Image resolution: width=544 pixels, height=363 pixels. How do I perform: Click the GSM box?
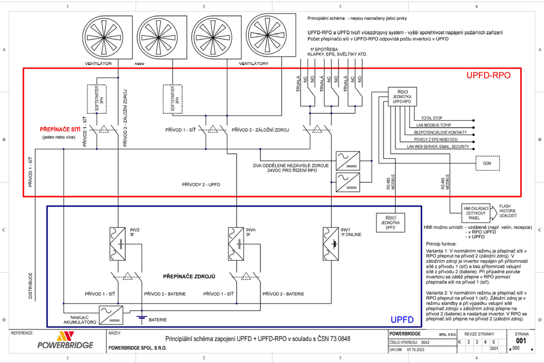(x=487, y=164)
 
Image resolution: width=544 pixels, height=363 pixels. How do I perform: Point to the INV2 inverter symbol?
(x=117, y=242)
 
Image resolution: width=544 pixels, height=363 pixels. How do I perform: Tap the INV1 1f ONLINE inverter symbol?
(x=332, y=242)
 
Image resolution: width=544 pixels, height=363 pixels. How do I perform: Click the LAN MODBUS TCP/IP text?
(x=437, y=125)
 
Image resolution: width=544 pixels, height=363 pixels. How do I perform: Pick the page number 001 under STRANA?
(x=518, y=340)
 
